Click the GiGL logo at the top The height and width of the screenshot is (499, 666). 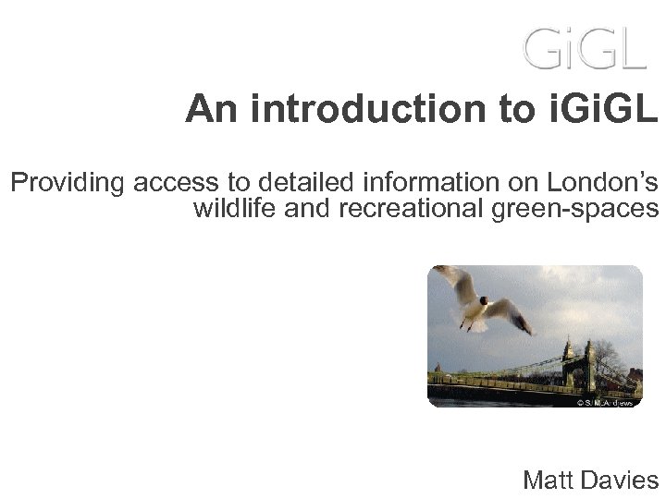click(x=585, y=47)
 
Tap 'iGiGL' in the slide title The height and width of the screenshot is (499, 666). click(x=610, y=110)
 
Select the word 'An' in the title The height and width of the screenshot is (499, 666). click(x=207, y=110)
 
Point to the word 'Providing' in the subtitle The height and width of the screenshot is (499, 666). click(x=67, y=184)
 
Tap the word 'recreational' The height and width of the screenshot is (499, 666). click(x=411, y=209)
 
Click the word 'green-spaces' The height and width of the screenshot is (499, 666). click(x=573, y=211)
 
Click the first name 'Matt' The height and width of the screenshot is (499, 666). click(x=549, y=480)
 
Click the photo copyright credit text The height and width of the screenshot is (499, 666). click(x=606, y=402)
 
